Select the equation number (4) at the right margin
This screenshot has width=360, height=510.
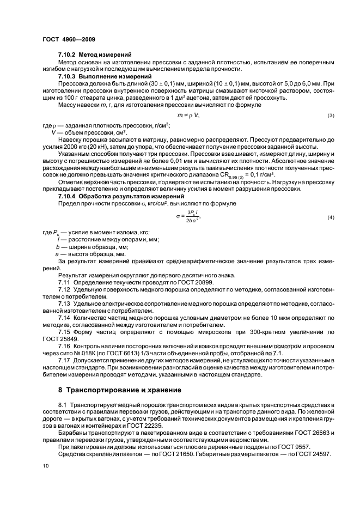coord(330,218)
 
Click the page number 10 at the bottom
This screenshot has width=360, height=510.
coord(46,466)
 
